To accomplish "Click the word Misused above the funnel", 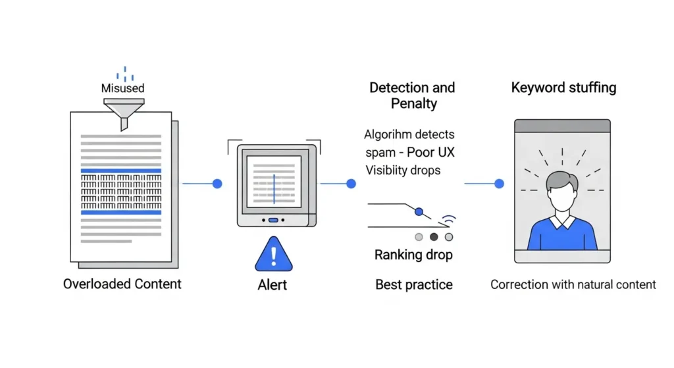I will pyautogui.click(x=122, y=88).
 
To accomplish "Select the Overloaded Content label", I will pyautogui.click(x=122, y=284).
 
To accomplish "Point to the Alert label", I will pyautogui.click(x=272, y=285).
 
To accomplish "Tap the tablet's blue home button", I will pyautogui.click(x=273, y=221).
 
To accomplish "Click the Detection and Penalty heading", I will pyautogui.click(x=412, y=95).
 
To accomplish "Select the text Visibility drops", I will pyautogui.click(x=403, y=170).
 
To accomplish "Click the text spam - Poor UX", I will pyautogui.click(x=410, y=152).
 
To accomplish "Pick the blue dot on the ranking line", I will pyautogui.click(x=419, y=211).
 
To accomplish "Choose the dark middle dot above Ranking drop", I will pyautogui.click(x=434, y=237).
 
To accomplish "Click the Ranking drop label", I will pyautogui.click(x=413, y=255).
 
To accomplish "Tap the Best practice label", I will pyautogui.click(x=414, y=285).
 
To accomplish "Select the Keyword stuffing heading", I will pyautogui.click(x=563, y=88).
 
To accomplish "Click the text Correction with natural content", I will pyautogui.click(x=573, y=285).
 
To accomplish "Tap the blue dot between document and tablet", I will pyautogui.click(x=217, y=184).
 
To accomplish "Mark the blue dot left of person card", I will pyautogui.click(x=499, y=184).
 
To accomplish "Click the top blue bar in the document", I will pyautogui.click(x=120, y=171).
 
